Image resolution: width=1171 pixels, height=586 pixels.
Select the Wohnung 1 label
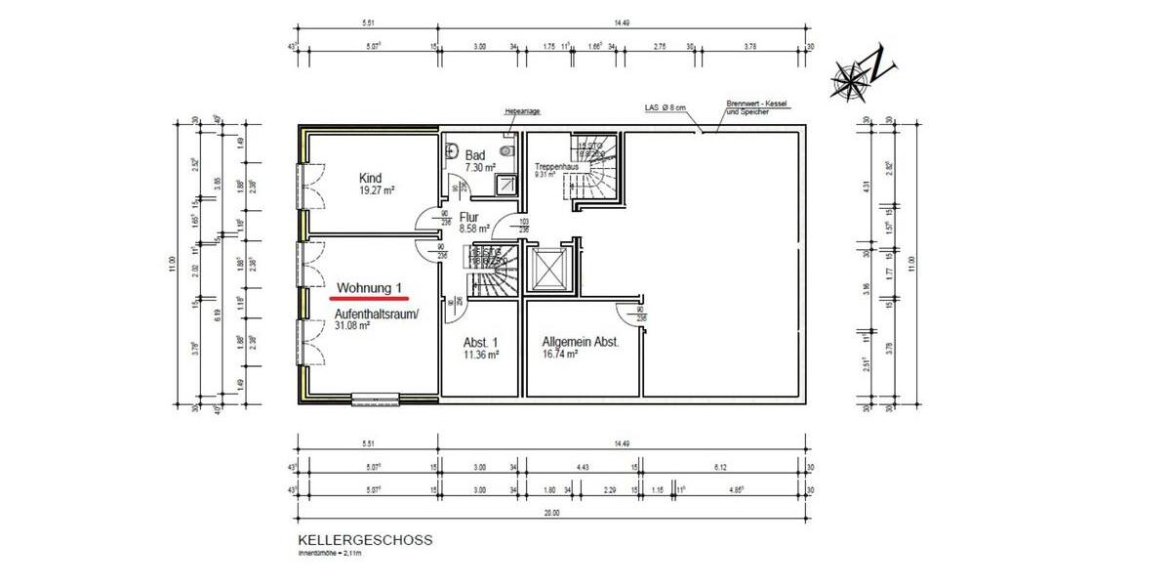point(370,288)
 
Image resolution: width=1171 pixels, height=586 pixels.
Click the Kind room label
point(371,179)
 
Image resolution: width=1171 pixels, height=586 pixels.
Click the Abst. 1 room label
point(481,343)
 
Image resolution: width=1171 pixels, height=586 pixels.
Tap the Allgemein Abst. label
point(581,343)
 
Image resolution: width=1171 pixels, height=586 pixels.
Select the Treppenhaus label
point(556,167)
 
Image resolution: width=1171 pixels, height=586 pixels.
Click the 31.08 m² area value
point(352,326)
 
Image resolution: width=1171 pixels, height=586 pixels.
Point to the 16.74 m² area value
point(561,356)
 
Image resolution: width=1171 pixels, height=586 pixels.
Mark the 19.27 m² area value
point(377,191)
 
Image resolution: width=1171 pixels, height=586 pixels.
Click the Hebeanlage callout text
point(522,111)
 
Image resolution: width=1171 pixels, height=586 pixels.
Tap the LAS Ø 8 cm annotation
point(667,107)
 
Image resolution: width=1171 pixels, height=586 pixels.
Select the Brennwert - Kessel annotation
point(756,104)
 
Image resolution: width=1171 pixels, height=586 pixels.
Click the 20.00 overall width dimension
point(552,513)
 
